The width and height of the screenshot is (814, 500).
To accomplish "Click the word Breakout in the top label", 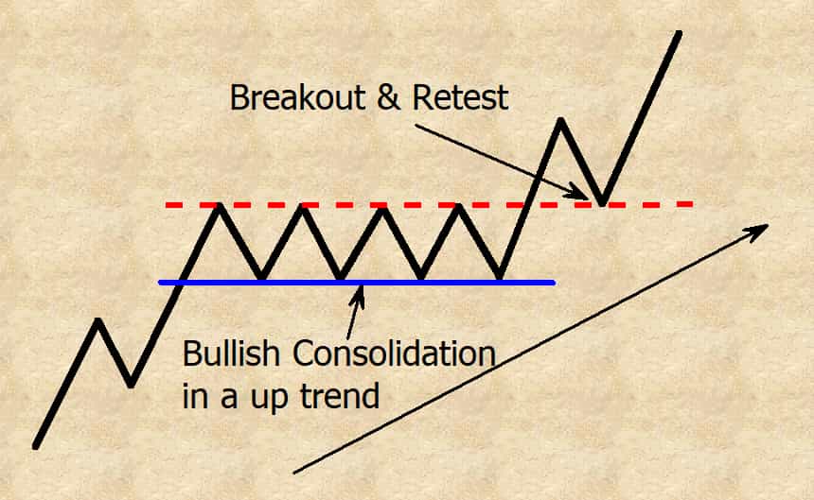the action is click(x=298, y=97).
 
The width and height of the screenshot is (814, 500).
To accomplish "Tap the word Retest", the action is click(x=460, y=97).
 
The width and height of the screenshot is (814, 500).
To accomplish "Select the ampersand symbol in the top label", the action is click(x=389, y=97).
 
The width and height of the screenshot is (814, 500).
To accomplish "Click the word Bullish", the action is click(x=231, y=353).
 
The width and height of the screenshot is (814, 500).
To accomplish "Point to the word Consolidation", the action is click(x=394, y=353).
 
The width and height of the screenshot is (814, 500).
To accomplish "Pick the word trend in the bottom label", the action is click(x=340, y=396).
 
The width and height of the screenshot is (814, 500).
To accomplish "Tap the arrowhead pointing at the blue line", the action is click(x=358, y=294).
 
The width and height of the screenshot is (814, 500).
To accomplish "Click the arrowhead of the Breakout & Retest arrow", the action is click(x=578, y=193).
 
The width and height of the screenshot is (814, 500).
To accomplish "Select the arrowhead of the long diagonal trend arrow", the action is click(x=758, y=231).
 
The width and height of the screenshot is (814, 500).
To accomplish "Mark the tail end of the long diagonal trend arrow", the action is click(x=294, y=472).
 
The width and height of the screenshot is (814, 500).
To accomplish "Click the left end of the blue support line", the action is click(x=160, y=283).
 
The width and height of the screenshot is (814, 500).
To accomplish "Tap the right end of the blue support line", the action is click(x=554, y=283).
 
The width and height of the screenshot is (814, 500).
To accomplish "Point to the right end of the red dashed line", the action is click(x=693, y=204).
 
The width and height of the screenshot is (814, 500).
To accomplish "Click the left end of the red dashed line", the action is click(x=167, y=205).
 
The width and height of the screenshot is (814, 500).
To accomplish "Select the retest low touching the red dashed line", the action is click(x=602, y=203).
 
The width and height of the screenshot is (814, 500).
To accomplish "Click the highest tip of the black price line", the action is click(x=679, y=33).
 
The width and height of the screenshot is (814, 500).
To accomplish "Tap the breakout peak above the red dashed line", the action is click(x=560, y=121).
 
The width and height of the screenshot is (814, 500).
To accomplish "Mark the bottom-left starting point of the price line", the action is click(x=35, y=446).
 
